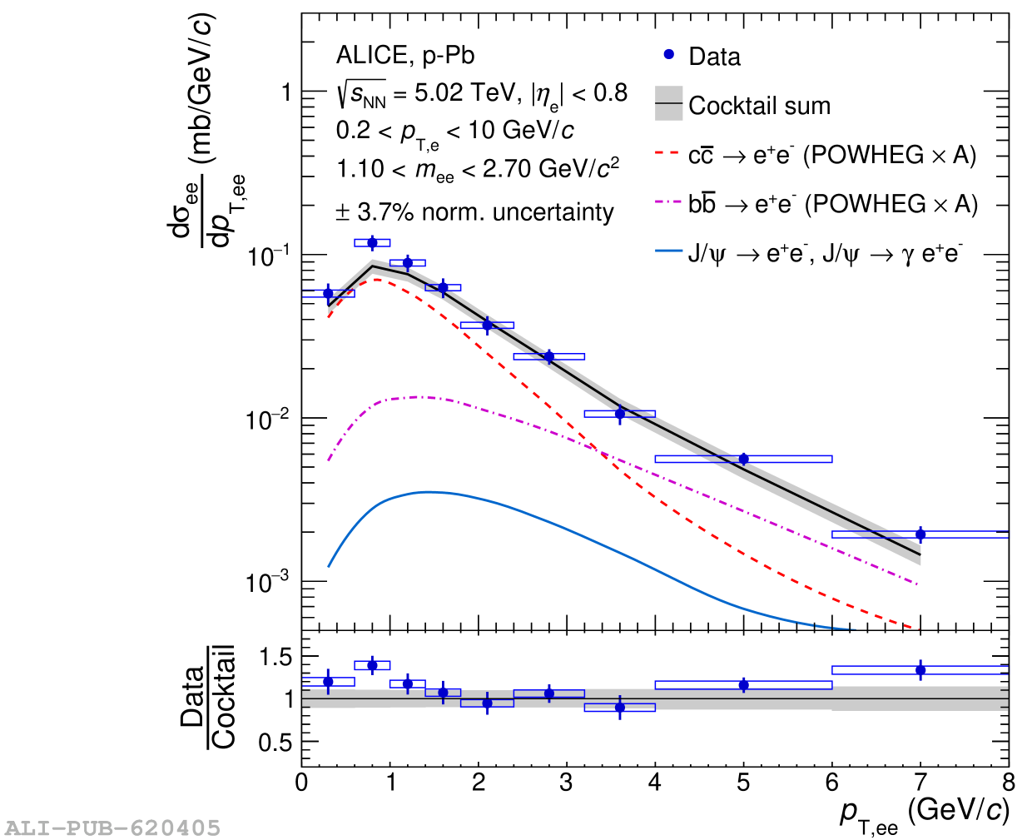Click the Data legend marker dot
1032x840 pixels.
[668, 55]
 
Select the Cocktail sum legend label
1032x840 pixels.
[759, 106]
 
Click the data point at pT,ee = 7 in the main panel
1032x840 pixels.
[920, 534]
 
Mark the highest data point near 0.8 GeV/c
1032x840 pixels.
[372, 243]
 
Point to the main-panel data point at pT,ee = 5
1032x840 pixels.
[743, 459]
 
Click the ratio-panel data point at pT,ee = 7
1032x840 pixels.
[920, 670]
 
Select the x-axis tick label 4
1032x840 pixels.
[655, 783]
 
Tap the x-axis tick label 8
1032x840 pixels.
[1008, 783]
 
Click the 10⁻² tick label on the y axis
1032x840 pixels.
[268, 420]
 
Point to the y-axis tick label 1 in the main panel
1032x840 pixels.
[286, 92]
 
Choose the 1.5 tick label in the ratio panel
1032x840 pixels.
[275, 657]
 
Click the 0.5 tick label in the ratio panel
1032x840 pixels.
[275, 742]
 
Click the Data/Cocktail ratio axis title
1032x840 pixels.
[209, 698]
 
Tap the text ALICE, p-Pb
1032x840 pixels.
[405, 56]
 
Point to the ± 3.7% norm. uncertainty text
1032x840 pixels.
[474, 212]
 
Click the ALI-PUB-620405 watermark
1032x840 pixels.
[113, 828]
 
